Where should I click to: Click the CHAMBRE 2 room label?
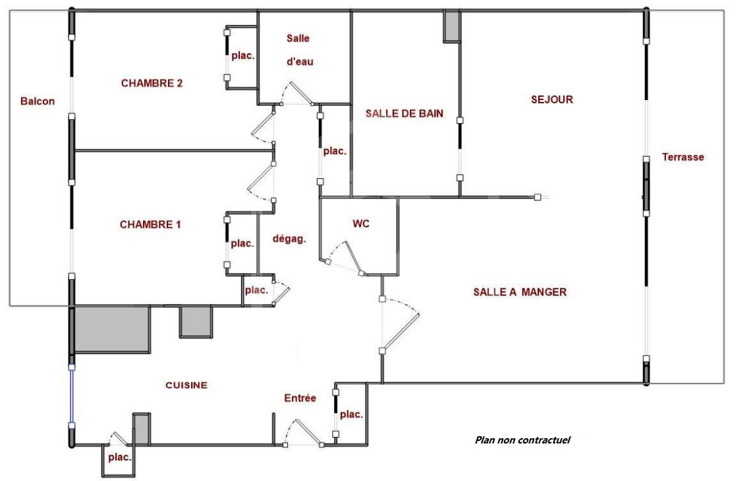tap(152, 83)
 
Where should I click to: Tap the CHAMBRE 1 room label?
tap(150, 224)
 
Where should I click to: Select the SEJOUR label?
tap(552, 99)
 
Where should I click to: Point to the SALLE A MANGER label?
tap(520, 292)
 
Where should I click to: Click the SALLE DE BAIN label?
tap(404, 114)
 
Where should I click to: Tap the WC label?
tap(360, 224)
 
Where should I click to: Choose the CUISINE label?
tap(186, 386)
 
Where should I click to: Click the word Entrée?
tap(300, 398)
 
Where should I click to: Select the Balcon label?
tap(38, 101)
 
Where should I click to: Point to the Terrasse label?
tap(683, 157)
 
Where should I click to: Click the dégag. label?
tap(289, 239)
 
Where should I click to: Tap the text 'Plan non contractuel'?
tap(522, 440)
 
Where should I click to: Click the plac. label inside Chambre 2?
tap(242, 56)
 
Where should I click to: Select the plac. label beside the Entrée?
tap(352, 415)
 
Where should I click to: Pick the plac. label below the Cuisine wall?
tap(119, 457)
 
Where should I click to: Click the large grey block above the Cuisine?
tap(112, 330)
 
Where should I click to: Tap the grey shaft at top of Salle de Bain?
tap(452, 26)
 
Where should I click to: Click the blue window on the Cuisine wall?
tap(72, 396)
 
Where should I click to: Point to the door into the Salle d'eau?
tap(296, 93)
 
